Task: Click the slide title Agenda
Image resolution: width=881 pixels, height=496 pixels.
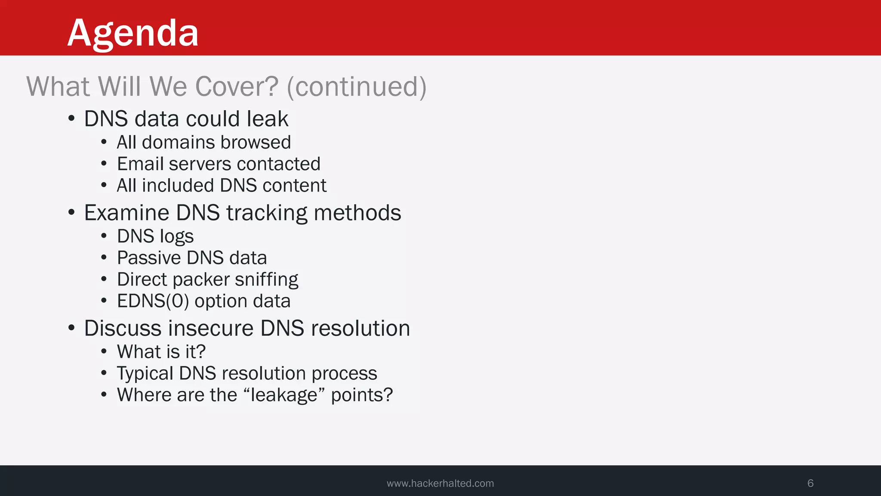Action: [x=133, y=33]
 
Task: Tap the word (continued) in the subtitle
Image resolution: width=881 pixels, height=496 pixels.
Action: [x=357, y=87]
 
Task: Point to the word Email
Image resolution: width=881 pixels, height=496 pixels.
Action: [x=140, y=164]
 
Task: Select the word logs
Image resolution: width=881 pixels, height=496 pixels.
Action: [x=176, y=237]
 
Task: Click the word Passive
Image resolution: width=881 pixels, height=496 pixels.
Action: [x=149, y=258]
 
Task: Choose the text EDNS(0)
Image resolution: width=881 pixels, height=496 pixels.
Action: [x=153, y=301]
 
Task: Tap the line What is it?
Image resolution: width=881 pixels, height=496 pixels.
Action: [x=161, y=352]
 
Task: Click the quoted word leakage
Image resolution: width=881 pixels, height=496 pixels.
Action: [x=283, y=395]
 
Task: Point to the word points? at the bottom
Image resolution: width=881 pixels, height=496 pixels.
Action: [x=362, y=395]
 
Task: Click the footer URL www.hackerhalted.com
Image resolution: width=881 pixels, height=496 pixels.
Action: [x=440, y=484]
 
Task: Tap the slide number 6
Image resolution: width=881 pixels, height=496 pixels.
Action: [x=810, y=483]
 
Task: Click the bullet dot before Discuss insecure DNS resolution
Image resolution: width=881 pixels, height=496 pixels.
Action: [x=71, y=328]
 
